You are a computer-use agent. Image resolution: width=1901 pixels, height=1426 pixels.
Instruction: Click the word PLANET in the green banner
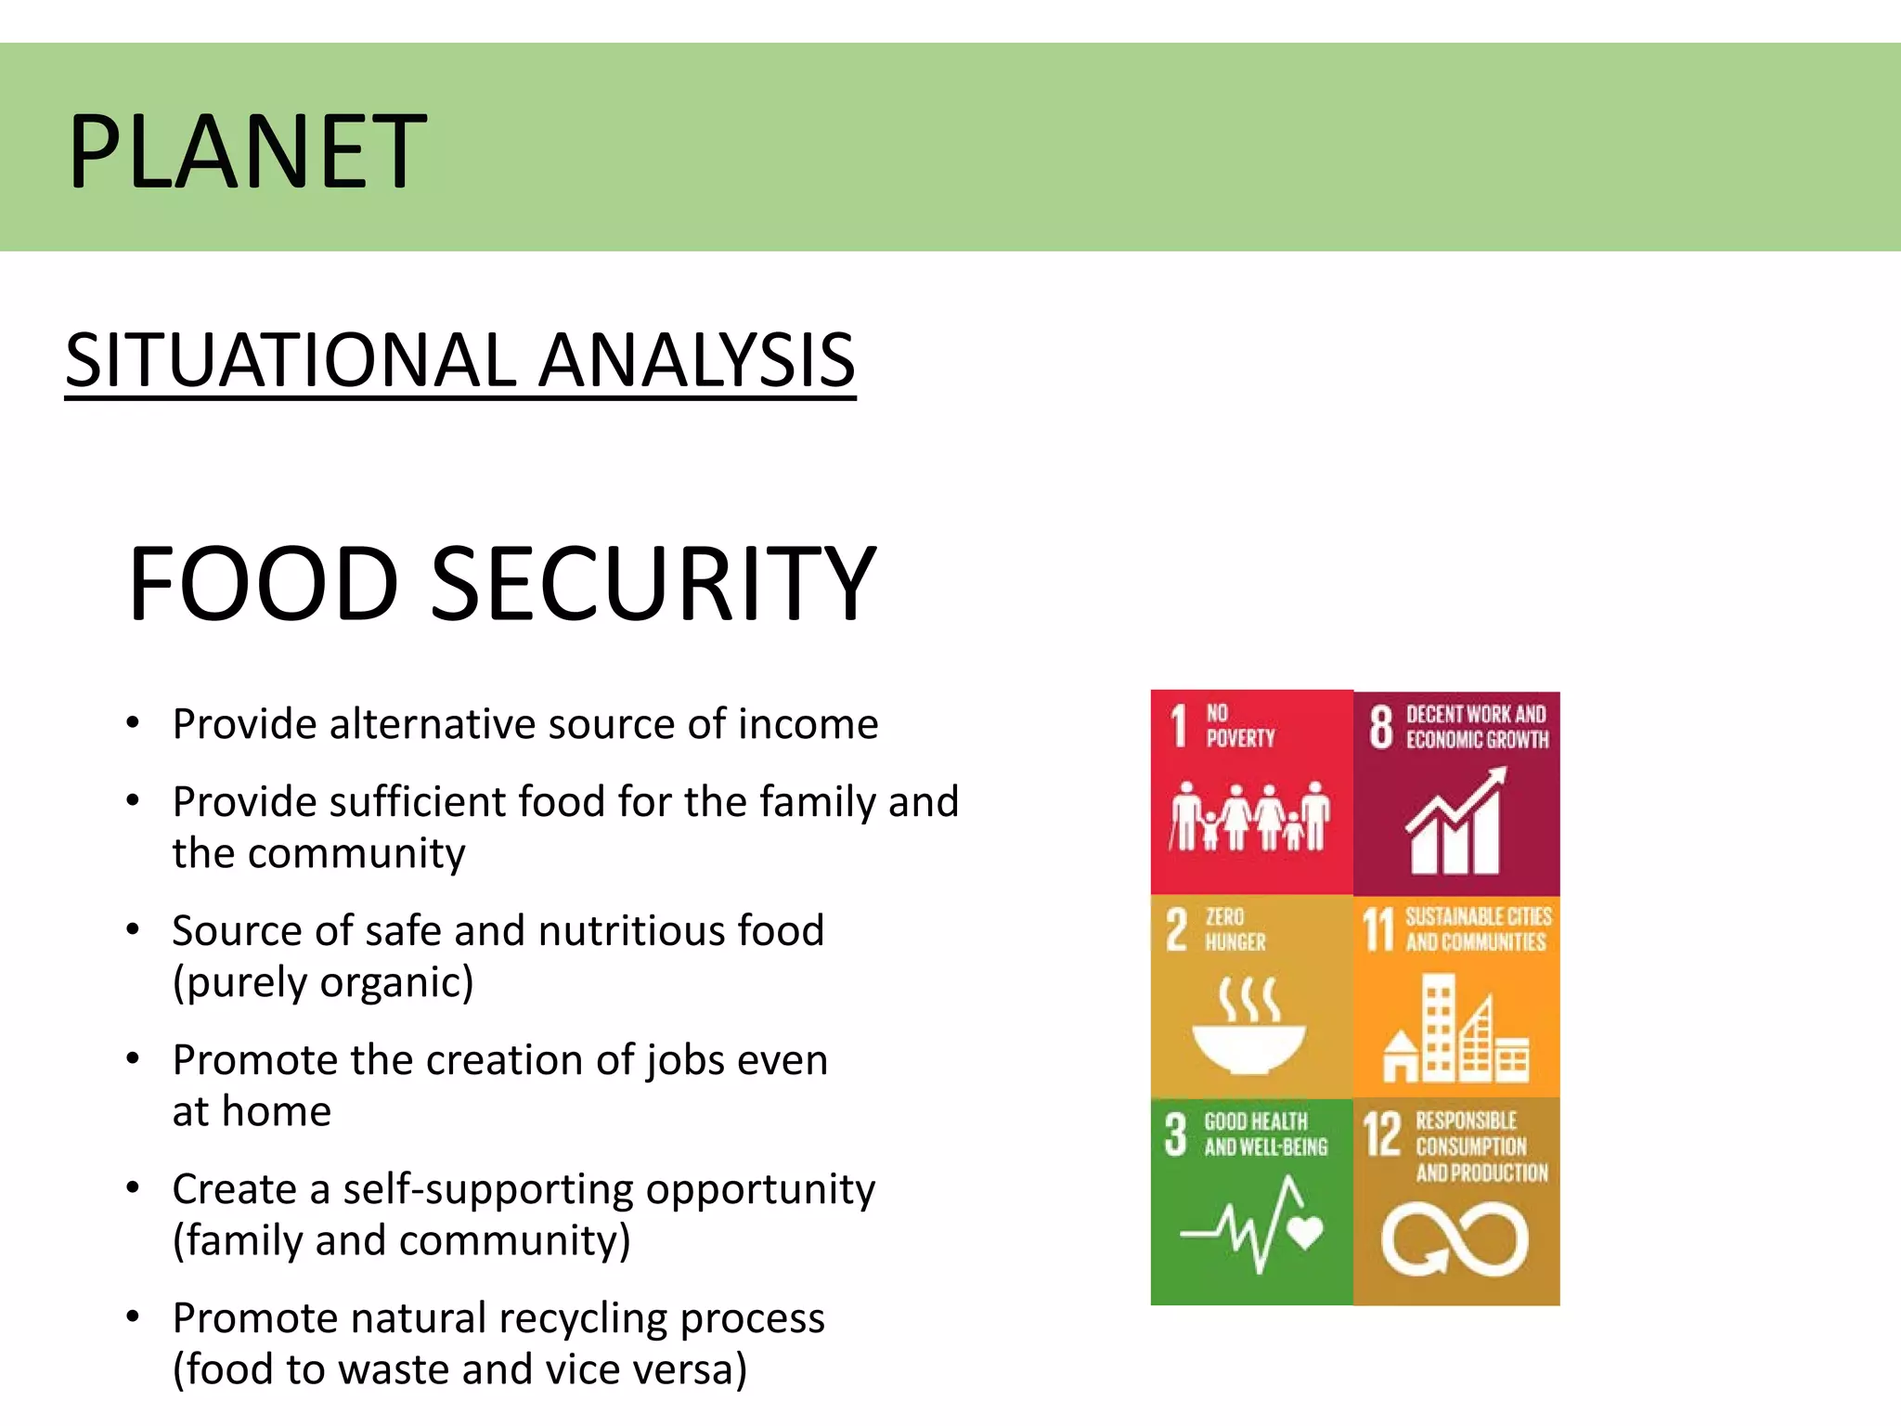247,151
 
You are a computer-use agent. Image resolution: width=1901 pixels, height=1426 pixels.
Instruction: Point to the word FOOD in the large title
264,584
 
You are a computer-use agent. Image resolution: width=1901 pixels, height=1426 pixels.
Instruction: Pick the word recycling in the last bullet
592,1318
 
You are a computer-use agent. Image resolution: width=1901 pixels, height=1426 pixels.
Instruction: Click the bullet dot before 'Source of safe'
134,929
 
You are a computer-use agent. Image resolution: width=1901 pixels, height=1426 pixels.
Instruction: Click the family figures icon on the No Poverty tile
1249,816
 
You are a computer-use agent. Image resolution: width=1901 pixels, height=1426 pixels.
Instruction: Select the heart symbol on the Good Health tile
1305,1232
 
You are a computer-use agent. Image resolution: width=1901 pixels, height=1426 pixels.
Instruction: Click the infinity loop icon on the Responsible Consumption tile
1455,1239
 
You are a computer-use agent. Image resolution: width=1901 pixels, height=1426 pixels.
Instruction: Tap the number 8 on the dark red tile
1381,726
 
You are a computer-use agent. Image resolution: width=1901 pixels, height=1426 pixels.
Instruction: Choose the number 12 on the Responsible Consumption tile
1381,1134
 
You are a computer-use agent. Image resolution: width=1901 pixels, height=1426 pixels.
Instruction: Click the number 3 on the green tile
1175,1134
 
